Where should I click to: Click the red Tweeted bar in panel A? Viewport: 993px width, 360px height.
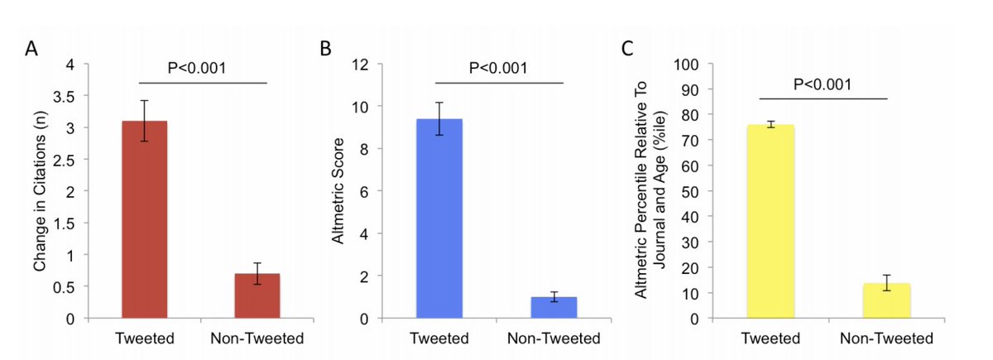(144, 219)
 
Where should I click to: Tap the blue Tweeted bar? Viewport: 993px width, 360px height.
(439, 218)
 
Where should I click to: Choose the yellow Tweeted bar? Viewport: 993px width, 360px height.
(770, 222)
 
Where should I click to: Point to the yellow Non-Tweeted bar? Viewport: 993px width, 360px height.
(886, 300)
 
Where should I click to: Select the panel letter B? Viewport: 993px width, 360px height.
(326, 49)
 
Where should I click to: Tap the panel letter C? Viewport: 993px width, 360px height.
(629, 49)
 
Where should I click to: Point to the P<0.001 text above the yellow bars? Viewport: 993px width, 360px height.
(823, 84)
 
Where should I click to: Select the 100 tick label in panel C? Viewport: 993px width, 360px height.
(689, 65)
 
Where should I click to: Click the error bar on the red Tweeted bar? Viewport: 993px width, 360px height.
(144, 121)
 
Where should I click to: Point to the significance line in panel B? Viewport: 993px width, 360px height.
(498, 83)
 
